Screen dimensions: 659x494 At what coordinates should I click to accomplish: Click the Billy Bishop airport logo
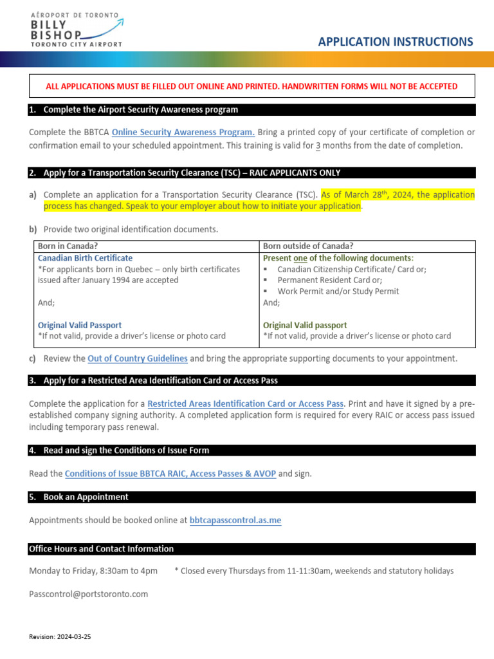pos(76,30)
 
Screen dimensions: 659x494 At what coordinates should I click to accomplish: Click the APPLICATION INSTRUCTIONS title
pos(396,42)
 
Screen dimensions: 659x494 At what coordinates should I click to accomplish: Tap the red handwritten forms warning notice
pos(252,86)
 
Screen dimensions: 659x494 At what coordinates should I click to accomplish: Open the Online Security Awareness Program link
pos(183,132)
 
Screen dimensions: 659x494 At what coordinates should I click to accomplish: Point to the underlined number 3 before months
pos(318,145)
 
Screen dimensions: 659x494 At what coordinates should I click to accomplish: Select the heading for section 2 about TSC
pos(192,173)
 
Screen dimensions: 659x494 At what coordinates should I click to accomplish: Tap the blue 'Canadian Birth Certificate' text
pos(85,257)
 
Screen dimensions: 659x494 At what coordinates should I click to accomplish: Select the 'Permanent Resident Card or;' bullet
pos(329,280)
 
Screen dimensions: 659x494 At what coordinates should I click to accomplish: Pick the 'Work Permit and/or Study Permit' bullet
pos(338,291)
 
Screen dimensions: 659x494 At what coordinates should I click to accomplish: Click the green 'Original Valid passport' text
pos(305,325)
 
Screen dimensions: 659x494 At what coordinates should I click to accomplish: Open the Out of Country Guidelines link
pos(138,358)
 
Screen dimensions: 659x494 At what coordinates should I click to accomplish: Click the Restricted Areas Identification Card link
pos(245,404)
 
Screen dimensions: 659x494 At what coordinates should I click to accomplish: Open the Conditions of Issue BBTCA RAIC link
pos(170,474)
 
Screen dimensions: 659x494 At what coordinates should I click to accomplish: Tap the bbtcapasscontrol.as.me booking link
pos(235,520)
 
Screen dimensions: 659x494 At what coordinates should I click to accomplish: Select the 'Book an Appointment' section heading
pos(86,497)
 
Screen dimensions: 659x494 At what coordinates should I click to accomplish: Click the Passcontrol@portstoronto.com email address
pos(89,594)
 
